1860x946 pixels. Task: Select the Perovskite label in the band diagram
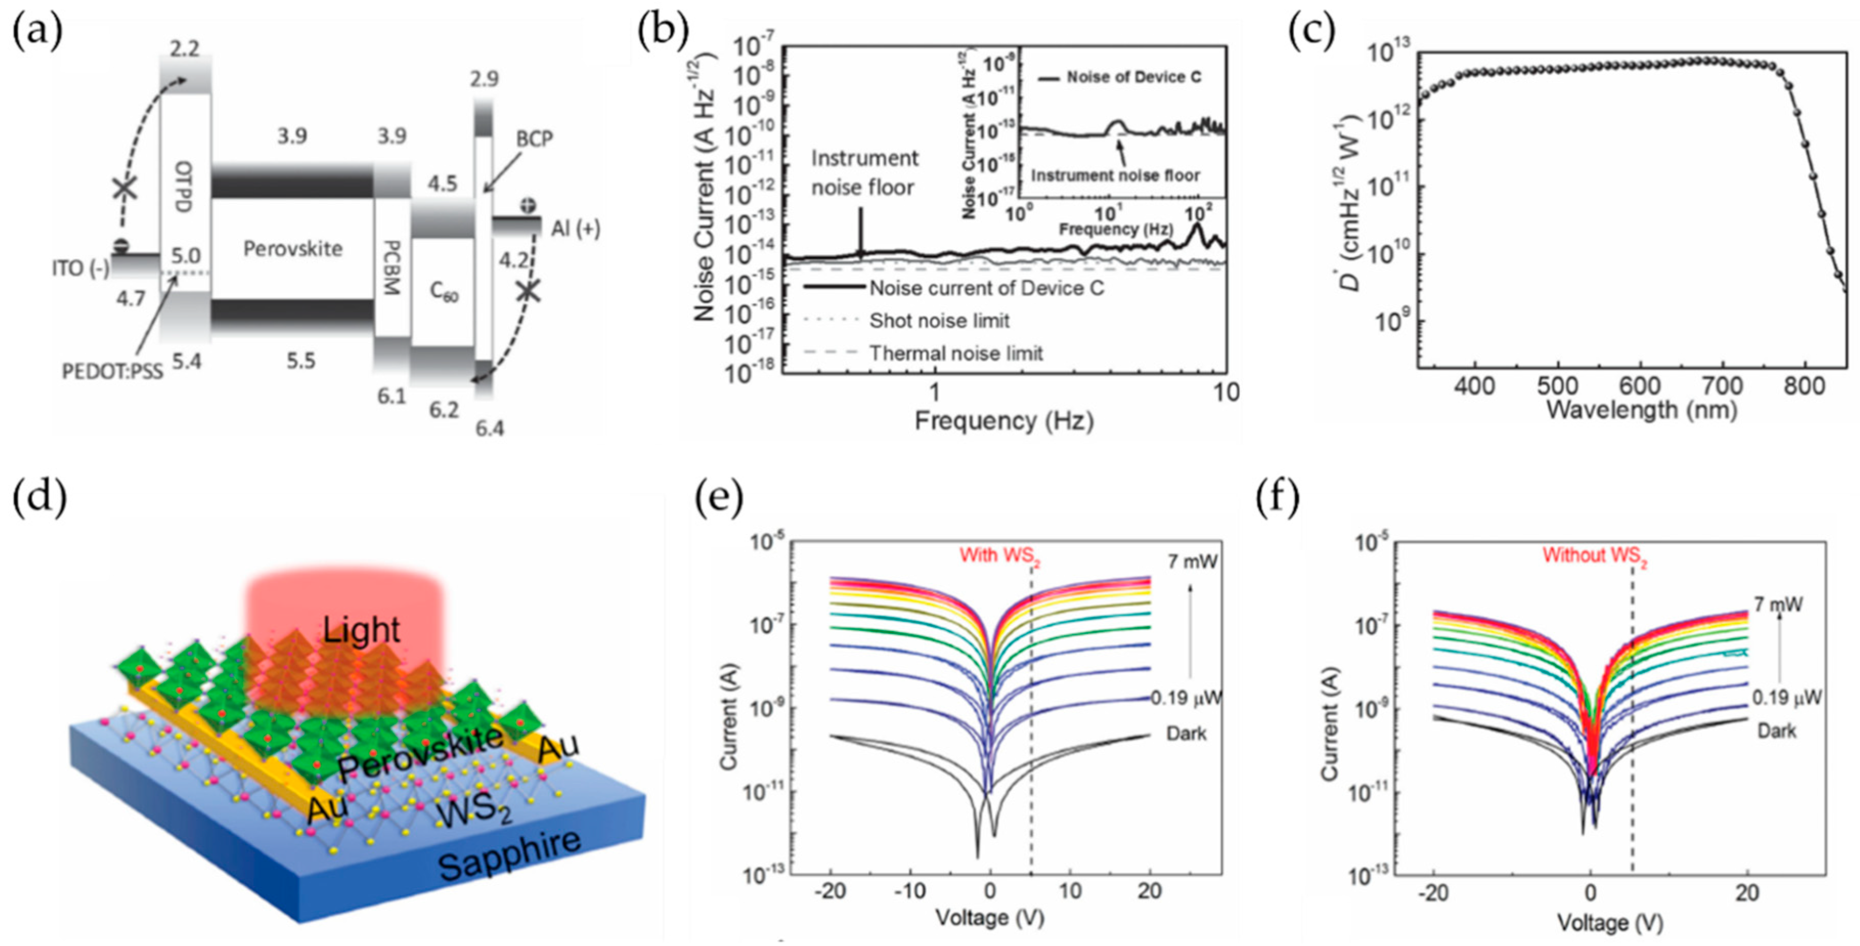point(292,249)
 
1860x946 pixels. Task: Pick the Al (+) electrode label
point(576,229)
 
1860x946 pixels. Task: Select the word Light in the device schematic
point(361,630)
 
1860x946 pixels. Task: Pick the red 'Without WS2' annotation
point(1595,556)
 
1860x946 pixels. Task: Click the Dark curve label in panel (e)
point(1186,734)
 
